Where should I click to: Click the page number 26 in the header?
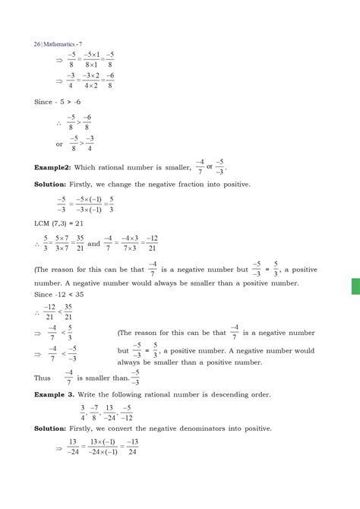(x=39, y=23)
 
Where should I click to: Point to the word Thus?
(x=43, y=376)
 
